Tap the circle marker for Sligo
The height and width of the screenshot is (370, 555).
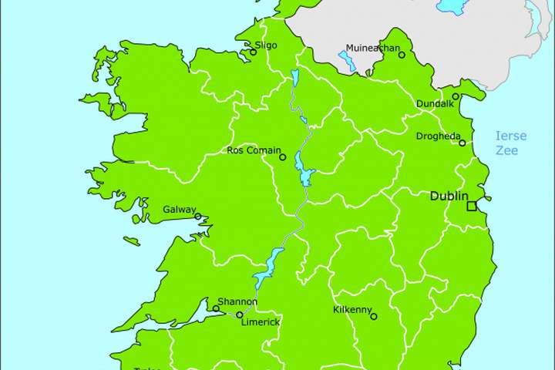[x=253, y=52]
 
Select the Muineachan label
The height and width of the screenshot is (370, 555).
[x=373, y=48]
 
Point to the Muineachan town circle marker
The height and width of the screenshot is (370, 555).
[x=402, y=55]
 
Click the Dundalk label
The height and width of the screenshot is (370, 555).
[x=433, y=103]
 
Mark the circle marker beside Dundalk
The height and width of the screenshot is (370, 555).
[x=456, y=96]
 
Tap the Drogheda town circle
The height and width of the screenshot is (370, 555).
[x=462, y=143]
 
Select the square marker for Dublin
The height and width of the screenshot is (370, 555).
[x=471, y=206]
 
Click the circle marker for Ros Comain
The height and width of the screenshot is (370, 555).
[x=282, y=157]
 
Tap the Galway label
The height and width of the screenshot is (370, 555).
[x=179, y=209]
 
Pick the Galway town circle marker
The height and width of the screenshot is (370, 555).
[x=198, y=217]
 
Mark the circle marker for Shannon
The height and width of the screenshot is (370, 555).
[x=216, y=309]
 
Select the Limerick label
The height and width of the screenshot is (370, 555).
[x=261, y=322]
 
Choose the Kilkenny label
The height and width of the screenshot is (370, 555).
[x=351, y=309]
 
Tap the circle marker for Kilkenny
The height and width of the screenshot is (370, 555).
[x=374, y=316]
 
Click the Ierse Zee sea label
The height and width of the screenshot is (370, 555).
[x=510, y=143]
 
